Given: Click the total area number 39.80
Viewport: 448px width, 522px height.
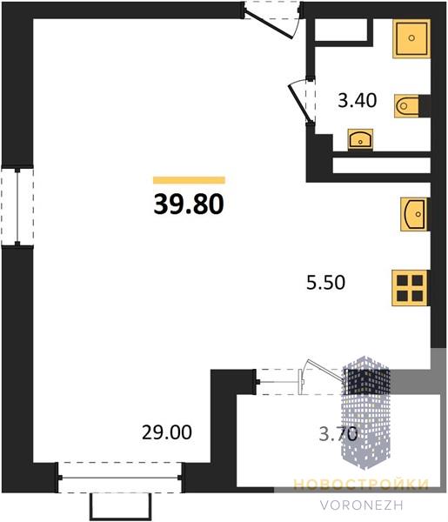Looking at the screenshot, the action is [189, 204].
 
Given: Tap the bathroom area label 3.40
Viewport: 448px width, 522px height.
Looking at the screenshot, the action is [358, 100].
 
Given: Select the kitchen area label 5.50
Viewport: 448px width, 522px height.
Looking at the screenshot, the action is [325, 282].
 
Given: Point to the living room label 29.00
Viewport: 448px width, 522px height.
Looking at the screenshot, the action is [167, 432].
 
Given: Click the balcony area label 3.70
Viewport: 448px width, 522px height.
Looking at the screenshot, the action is [338, 434].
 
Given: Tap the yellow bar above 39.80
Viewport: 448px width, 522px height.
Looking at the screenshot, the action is [189, 180].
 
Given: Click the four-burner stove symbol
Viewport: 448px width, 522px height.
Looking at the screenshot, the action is [410, 288].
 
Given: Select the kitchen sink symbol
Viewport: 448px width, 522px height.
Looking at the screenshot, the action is [414, 214].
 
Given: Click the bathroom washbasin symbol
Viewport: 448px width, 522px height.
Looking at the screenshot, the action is [360, 139].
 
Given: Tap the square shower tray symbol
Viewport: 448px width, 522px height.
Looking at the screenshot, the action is [411, 38].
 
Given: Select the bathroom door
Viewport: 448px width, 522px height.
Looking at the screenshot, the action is [302, 101].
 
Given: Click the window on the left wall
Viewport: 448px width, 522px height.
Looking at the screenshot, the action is [17, 206].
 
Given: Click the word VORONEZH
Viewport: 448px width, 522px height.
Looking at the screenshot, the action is [362, 505].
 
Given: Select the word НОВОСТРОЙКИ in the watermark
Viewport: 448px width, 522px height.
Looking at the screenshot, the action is [361, 485].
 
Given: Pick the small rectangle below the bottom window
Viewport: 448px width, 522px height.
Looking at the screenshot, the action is [120, 506].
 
